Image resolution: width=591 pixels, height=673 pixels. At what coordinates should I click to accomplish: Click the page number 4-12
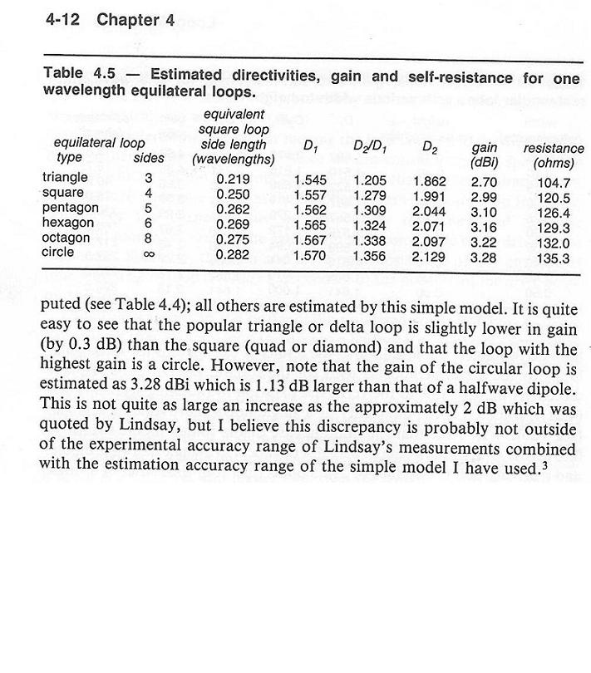point(63,21)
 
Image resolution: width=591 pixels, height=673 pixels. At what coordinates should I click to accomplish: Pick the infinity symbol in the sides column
point(150,253)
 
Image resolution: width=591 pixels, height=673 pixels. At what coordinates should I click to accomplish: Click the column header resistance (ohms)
point(554,155)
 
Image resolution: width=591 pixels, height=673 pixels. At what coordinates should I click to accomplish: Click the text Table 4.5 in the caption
point(75,74)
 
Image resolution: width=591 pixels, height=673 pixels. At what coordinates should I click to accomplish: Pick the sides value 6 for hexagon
point(149,224)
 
